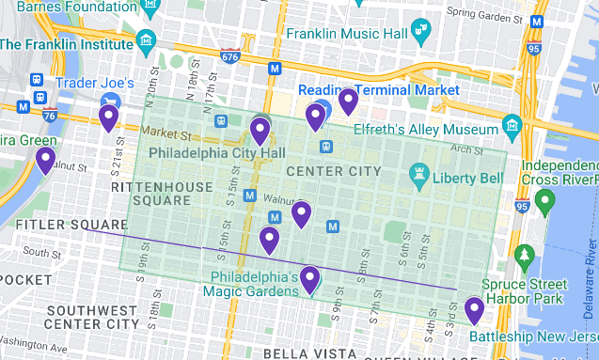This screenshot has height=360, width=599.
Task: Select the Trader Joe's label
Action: tap(89, 83)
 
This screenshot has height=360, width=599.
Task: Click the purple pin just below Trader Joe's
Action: tap(108, 117)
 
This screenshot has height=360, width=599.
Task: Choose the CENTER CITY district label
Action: tap(333, 171)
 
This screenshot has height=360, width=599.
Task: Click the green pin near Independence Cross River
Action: tap(544, 199)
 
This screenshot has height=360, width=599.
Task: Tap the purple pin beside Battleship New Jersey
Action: tap(474, 310)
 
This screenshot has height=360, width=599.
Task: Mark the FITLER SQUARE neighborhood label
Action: tap(71, 224)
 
